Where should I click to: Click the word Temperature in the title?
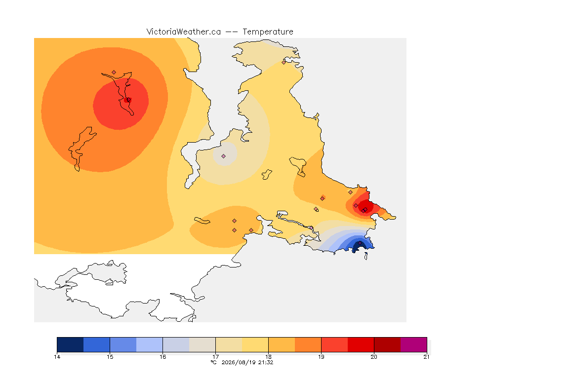268,32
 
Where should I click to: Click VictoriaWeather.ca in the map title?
184,32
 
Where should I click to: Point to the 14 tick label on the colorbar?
57,357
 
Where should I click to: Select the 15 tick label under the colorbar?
110,357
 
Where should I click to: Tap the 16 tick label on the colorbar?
163,357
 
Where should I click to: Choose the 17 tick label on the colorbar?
215,357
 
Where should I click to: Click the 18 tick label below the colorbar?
269,357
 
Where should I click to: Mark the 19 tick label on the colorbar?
321,357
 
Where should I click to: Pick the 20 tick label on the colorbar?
374,357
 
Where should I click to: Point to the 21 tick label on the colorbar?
426,357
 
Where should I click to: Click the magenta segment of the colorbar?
414,344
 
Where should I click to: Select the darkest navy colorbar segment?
71,344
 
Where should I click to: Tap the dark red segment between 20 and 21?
387,344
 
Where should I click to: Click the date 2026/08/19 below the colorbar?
238,362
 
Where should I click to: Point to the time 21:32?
266,362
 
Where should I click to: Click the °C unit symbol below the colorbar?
213,362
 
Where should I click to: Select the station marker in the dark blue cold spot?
360,243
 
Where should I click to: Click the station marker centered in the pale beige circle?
224,156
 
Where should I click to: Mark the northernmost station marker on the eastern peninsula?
284,62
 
